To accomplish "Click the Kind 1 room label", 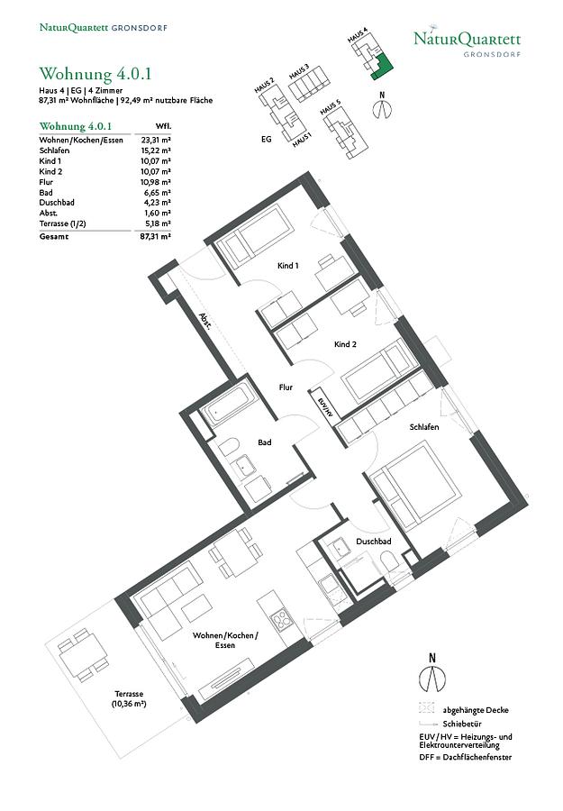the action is click(288, 266).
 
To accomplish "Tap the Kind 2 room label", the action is click(345, 344).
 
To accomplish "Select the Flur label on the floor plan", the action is click(286, 387).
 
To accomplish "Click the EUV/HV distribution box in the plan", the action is click(324, 404).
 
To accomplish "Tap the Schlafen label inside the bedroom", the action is click(424, 427).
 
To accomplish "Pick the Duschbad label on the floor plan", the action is click(373, 542).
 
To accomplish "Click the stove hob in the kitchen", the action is click(282, 620).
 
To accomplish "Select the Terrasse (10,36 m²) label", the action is click(129, 698).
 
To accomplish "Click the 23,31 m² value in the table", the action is click(156, 141).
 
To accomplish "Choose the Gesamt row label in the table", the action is click(54, 237).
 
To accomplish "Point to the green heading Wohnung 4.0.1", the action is click(95, 74).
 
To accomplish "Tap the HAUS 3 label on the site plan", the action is click(299, 72).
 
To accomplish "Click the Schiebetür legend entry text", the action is click(462, 724).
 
